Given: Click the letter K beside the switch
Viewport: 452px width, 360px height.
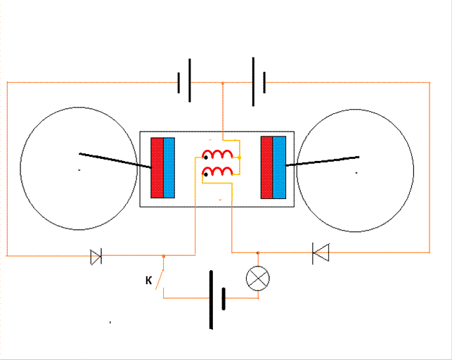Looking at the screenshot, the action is click(x=149, y=280).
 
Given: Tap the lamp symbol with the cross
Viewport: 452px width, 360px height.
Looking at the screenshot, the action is click(x=258, y=278).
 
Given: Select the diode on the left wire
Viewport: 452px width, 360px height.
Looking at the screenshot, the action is click(x=96, y=257).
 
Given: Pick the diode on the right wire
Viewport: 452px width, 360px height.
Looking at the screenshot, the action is click(x=321, y=253).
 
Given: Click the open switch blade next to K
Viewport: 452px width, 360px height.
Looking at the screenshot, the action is click(x=160, y=278).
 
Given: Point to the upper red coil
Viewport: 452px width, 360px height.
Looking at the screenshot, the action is click(x=218, y=154).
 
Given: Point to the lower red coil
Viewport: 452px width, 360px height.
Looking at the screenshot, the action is click(x=218, y=171).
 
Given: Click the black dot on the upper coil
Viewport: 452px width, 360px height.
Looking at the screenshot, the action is click(x=206, y=157).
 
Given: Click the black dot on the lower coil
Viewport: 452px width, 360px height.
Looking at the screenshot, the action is click(x=206, y=174).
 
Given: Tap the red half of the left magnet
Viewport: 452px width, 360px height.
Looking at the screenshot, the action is click(x=157, y=168).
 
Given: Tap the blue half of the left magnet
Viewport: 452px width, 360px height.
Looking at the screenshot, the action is click(x=169, y=168).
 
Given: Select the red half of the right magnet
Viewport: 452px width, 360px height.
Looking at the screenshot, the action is click(x=266, y=167).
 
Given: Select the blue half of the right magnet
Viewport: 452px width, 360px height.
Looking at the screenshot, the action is click(x=279, y=167).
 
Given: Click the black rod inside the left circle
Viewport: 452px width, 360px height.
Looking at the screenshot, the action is click(x=115, y=160).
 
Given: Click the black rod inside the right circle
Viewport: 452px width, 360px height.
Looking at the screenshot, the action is click(x=322, y=161).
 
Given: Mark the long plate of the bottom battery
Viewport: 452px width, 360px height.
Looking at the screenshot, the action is click(x=211, y=300).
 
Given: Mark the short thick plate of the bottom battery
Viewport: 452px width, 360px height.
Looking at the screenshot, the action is click(x=224, y=299).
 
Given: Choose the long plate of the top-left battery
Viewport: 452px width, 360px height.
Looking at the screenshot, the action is click(x=190, y=80).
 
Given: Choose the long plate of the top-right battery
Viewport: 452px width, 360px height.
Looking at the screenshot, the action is click(x=253, y=82).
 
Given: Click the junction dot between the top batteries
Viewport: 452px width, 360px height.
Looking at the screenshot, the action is click(x=223, y=83).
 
